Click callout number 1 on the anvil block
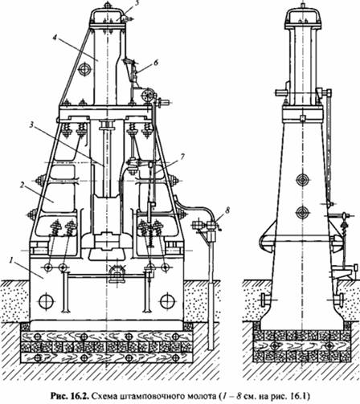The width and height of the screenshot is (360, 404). tap(11, 260)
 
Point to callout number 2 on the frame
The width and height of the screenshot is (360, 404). tap(22, 185)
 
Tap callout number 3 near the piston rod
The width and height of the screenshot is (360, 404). tap(32, 124)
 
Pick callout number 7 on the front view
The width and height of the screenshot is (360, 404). tap(182, 157)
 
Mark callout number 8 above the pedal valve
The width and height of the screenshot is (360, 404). tap(227, 210)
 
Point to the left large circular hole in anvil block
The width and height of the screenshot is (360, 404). tap(47, 301)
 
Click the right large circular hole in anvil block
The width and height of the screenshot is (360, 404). tap(167, 301)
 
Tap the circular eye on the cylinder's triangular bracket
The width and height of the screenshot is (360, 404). tap(84, 69)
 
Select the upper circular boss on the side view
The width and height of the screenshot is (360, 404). tap(303, 179)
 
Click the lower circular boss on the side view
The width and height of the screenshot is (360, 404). tap(303, 213)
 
